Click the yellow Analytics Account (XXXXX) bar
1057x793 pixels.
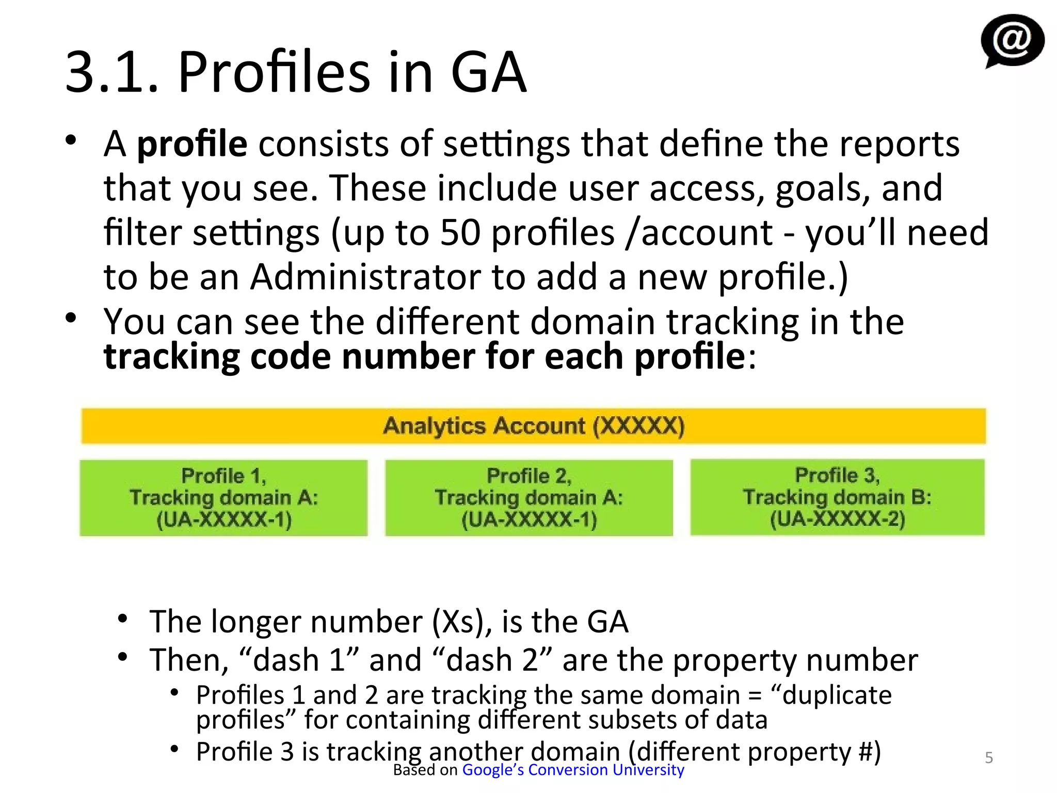pos(533,426)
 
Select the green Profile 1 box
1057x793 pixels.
pos(223,498)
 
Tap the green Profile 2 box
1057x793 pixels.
pos(529,498)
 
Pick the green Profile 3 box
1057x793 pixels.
pos(837,497)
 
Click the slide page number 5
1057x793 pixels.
pos(989,757)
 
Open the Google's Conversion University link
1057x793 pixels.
pos(573,770)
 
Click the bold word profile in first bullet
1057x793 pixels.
pos(192,144)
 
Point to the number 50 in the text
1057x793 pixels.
pos(460,233)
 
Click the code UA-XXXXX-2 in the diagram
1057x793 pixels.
pos(837,519)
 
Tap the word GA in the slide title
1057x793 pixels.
pos(488,72)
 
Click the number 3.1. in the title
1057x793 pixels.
pos(111,72)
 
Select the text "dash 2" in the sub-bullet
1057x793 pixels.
pos(492,660)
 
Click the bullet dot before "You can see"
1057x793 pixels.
pos(71,318)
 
